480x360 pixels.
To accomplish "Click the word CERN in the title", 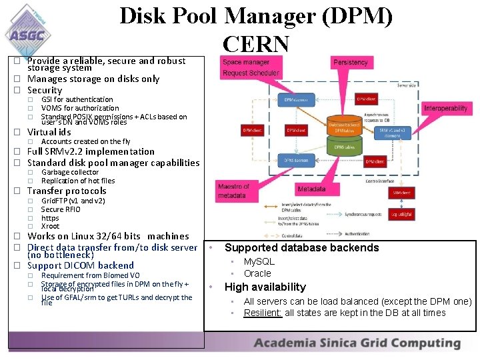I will point(257,45).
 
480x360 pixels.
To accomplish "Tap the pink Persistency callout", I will point(350,63).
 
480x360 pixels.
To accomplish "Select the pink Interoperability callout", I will point(445,108).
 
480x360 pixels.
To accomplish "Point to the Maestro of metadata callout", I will point(233,191).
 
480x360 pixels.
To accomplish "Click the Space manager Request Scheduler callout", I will point(251,67).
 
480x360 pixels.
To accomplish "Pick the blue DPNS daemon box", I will point(296,161).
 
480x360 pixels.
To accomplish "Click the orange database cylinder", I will point(344,125).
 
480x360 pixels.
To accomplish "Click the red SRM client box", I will point(401,193).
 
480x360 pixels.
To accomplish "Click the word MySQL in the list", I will point(259,262).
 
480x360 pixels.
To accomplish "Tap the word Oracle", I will point(257,273).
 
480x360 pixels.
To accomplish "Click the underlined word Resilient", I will point(263,313).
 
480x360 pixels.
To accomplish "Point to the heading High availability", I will point(265,287).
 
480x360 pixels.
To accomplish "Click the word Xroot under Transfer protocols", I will point(50,226).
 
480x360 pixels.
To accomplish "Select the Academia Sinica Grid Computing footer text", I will point(357,344).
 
